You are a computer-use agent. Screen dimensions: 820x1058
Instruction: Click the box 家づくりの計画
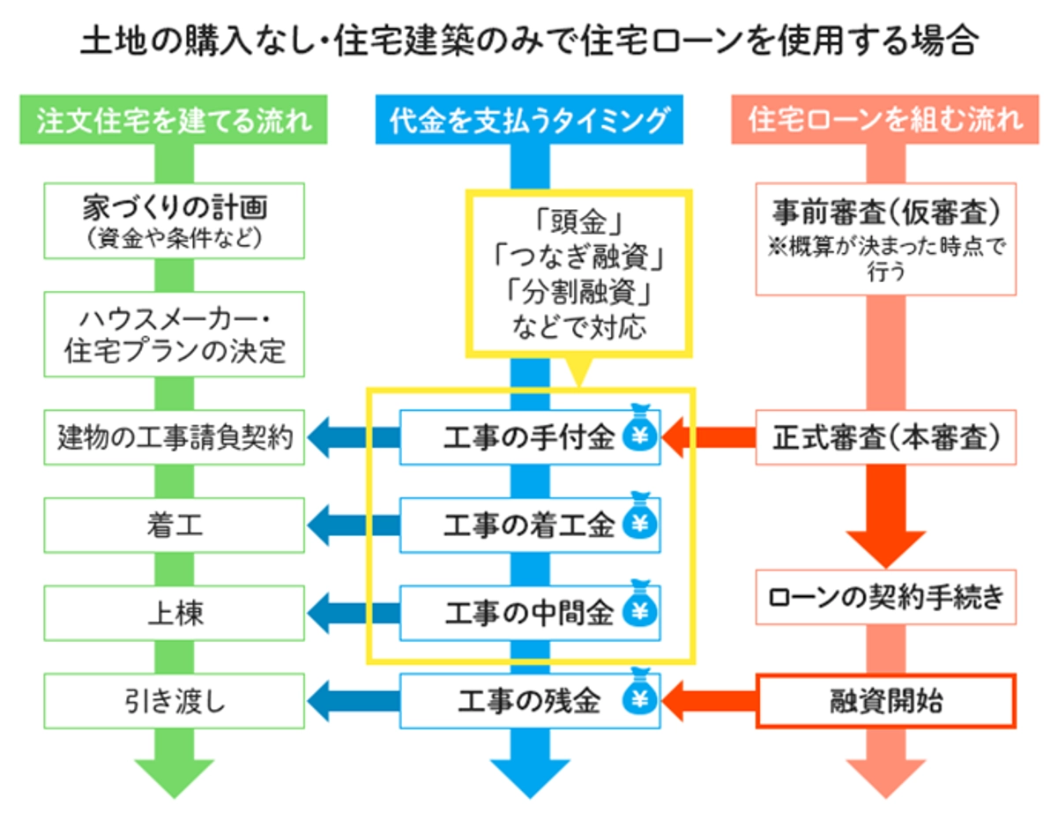coord(175,220)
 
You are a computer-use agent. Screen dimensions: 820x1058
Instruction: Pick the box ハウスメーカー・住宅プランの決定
coord(175,335)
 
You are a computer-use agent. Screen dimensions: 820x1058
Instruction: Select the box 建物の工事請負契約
coord(175,437)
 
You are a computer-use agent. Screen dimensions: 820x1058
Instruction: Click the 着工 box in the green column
coord(175,526)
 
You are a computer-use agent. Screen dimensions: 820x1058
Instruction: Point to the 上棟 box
coord(175,612)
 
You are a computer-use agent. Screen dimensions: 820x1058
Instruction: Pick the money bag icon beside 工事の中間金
coord(640,609)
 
